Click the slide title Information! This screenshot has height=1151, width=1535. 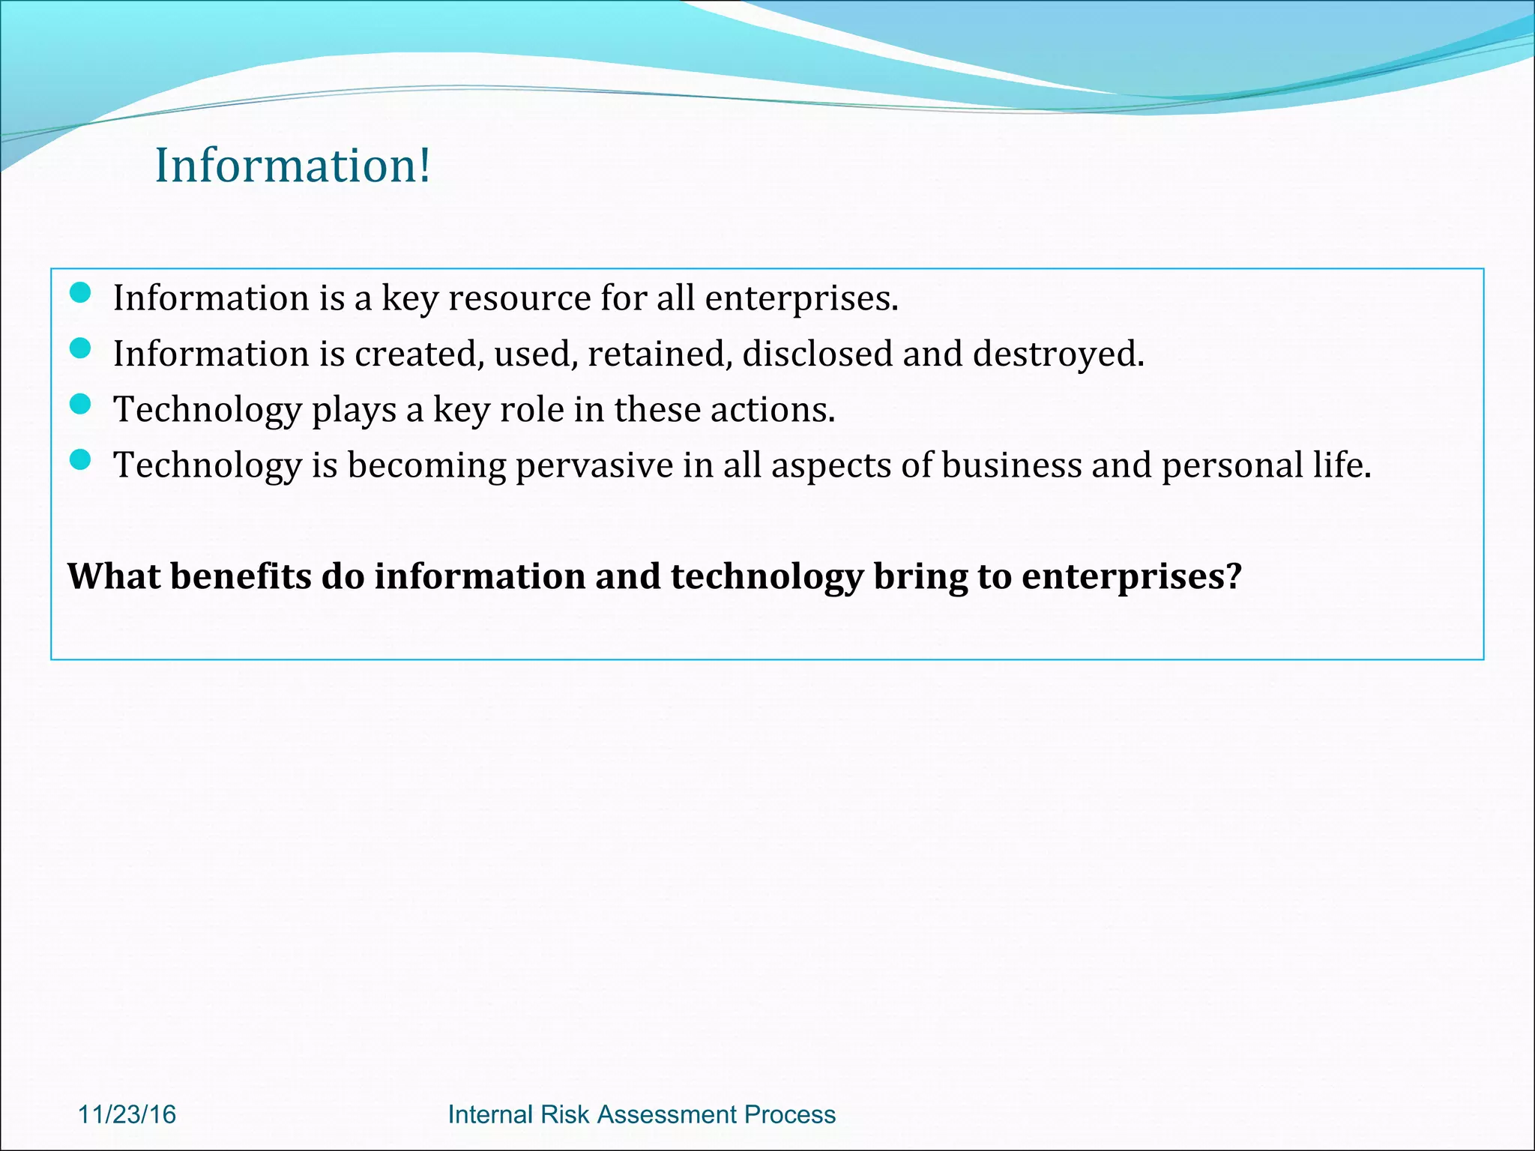click(292, 166)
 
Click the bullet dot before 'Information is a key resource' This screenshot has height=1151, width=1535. click(79, 293)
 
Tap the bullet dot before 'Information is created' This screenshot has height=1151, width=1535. click(79, 348)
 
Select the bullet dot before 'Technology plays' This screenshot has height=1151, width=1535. click(79, 405)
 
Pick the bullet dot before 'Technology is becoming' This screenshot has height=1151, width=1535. click(79, 460)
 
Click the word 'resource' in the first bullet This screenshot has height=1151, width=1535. click(519, 298)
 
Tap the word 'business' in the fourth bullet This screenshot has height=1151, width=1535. click(1011, 465)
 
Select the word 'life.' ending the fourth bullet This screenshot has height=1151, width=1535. click(1342, 465)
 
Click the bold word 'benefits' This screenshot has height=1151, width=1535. click(241, 577)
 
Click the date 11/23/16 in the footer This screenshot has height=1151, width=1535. click(127, 1114)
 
